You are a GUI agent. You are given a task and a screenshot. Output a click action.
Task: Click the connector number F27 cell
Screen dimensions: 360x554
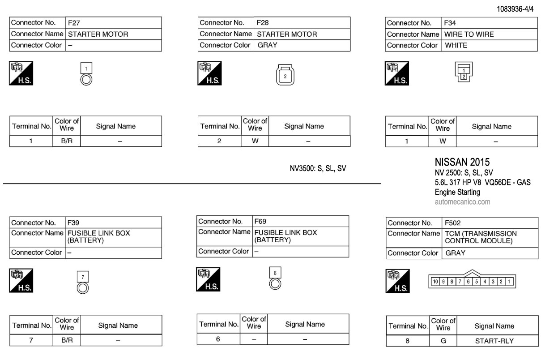pyautogui.click(x=113, y=23)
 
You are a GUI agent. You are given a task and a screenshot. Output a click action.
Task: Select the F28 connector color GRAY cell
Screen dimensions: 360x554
pyautogui.click(x=302, y=45)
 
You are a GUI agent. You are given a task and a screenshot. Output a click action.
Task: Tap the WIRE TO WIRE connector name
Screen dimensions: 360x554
pyautogui.click(x=469, y=34)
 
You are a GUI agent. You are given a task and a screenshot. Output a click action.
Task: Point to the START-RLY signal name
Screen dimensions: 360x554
pyautogui.click(x=494, y=341)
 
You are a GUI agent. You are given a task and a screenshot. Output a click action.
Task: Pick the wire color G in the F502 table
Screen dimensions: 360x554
pyautogui.click(x=443, y=341)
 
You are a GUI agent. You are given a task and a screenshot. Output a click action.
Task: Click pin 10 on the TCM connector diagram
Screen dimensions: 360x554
pyautogui.click(x=435, y=282)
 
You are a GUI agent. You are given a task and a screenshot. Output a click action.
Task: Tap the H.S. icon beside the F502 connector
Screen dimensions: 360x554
pyautogui.click(x=397, y=282)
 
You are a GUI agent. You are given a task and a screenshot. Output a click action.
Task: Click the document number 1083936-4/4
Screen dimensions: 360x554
pyautogui.click(x=515, y=9)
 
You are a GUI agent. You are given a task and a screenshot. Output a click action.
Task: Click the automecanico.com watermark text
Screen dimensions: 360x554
pyautogui.click(x=462, y=202)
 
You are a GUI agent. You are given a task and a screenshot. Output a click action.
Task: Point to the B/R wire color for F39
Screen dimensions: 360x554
pyautogui.click(x=67, y=340)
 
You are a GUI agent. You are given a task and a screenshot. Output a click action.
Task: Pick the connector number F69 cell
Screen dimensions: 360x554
pyautogui.click(x=300, y=221)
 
